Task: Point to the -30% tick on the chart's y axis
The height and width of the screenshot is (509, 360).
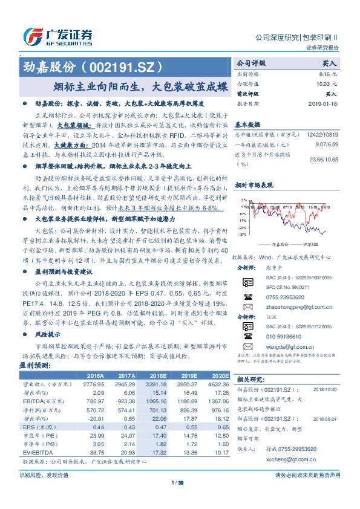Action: pyautogui.click(x=242, y=234)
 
